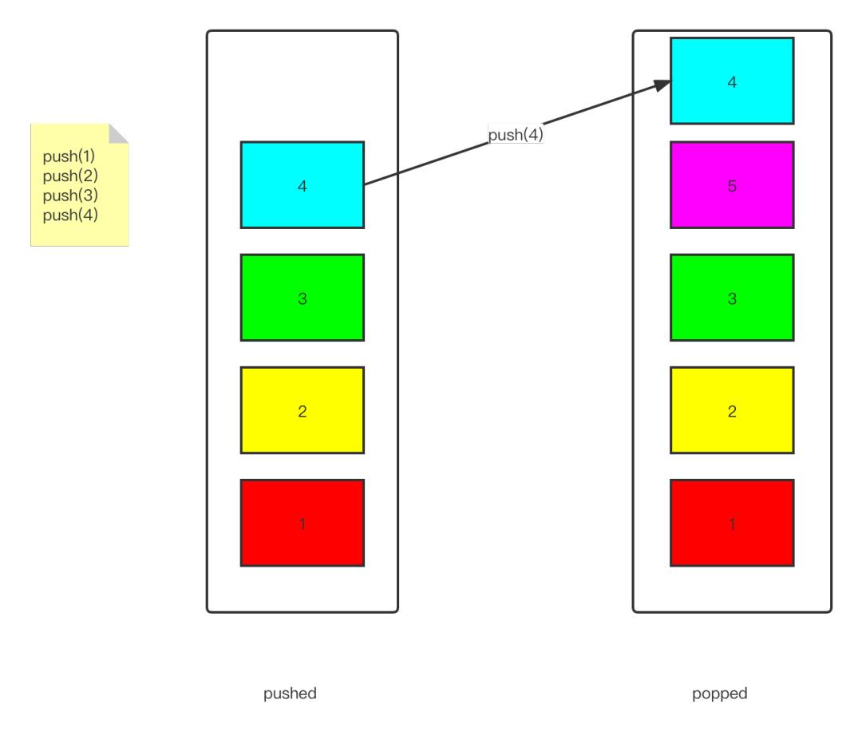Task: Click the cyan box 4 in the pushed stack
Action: [x=302, y=185]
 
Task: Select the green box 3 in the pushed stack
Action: [x=302, y=298]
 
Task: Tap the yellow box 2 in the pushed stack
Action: [x=302, y=410]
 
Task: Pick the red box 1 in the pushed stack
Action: [x=302, y=523]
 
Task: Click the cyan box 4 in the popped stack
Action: [x=732, y=81]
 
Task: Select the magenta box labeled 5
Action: [x=732, y=185]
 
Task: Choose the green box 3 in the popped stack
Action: [x=732, y=298]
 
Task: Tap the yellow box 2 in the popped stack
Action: [x=732, y=410]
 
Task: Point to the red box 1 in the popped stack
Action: [x=732, y=523]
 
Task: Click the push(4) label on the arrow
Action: [x=516, y=134]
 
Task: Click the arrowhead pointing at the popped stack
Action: [x=662, y=85]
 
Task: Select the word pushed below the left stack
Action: [x=290, y=694]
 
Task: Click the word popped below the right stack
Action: [x=720, y=694]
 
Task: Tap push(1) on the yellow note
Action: [x=69, y=156]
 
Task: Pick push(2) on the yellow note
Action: [x=70, y=176]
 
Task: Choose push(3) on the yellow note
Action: [x=70, y=196]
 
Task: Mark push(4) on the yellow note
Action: [x=70, y=215]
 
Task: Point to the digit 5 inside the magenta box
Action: [x=732, y=186]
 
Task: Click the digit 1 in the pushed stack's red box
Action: [x=302, y=524]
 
